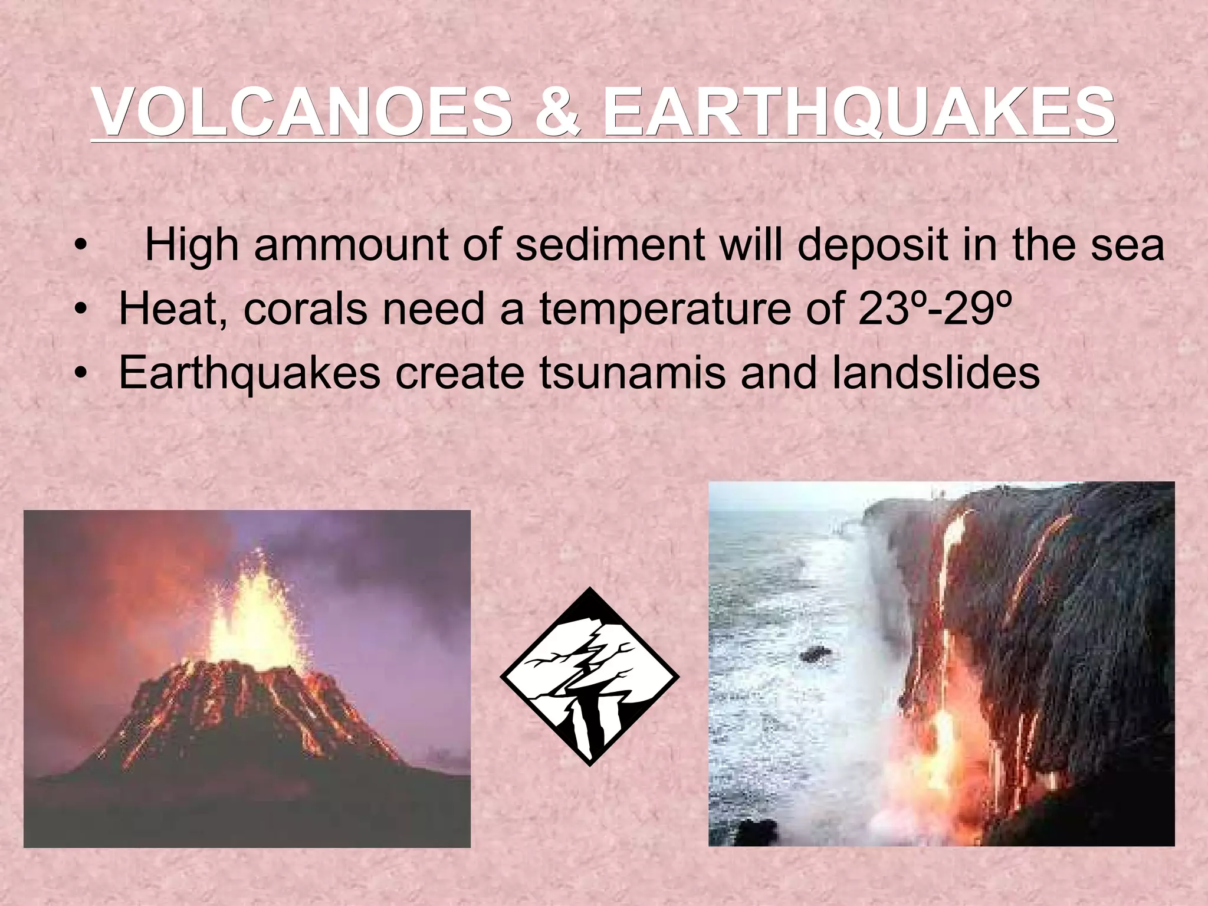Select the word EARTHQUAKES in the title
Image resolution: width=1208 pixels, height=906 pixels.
coord(858,112)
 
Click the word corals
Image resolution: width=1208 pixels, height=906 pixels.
coord(305,309)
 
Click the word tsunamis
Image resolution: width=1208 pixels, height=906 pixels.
coord(632,373)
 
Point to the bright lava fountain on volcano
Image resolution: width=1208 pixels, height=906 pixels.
coord(254,613)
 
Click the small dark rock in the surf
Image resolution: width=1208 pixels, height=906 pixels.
coord(816,654)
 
